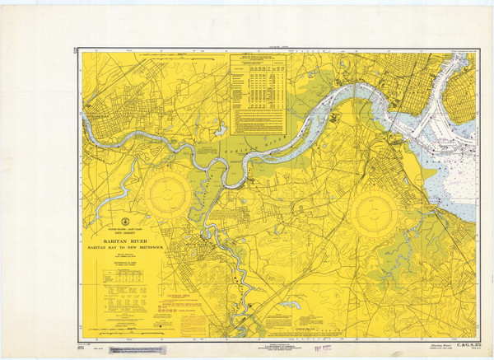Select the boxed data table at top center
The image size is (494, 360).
point(257,94)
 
